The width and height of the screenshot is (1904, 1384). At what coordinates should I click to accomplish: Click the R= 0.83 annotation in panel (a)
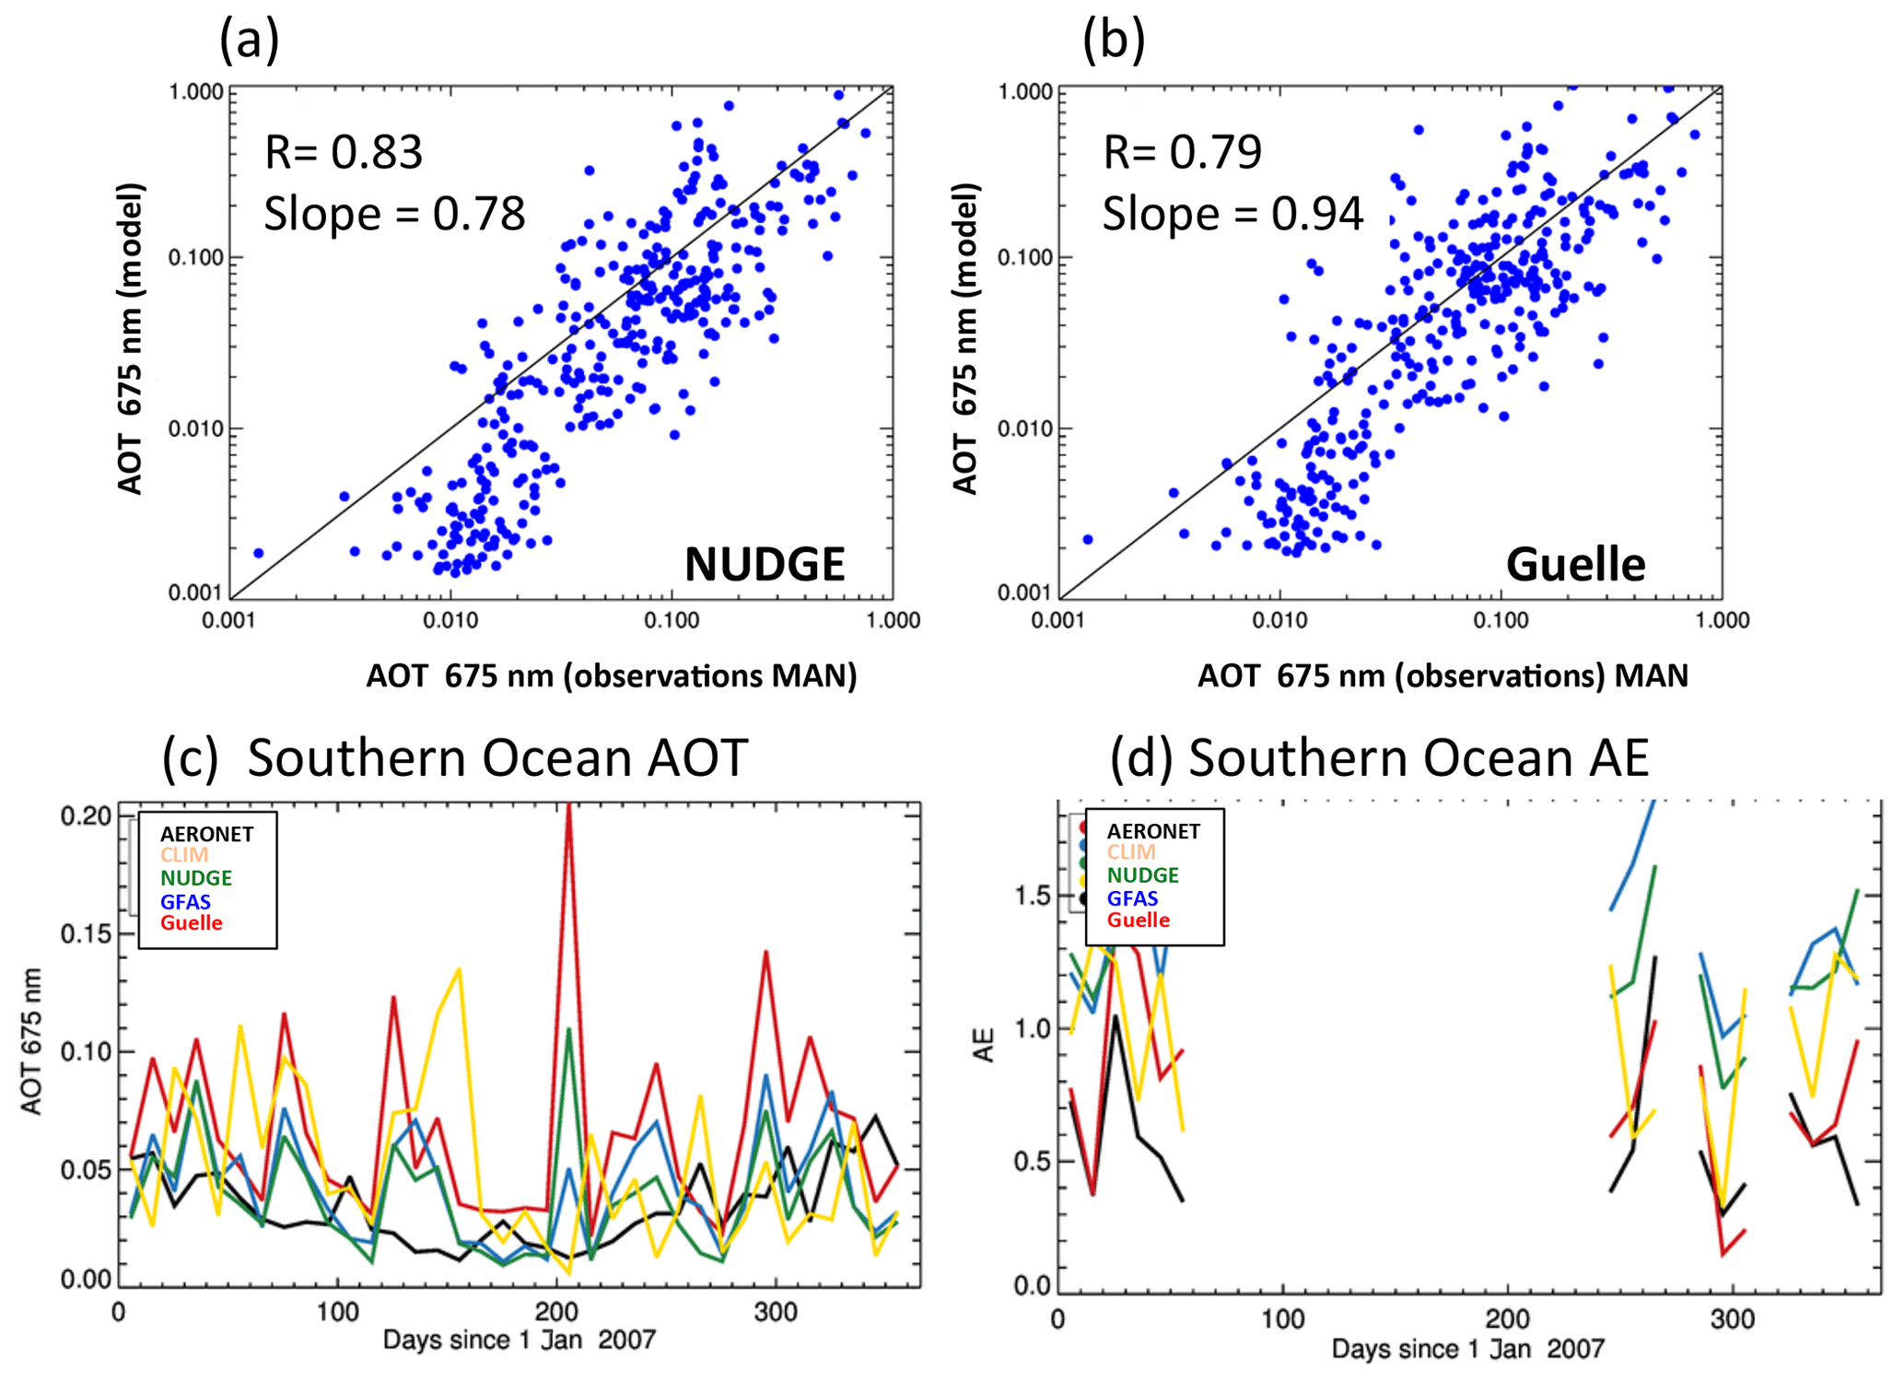click(x=343, y=152)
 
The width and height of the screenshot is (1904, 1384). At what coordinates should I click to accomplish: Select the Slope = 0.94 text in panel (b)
click(x=1232, y=214)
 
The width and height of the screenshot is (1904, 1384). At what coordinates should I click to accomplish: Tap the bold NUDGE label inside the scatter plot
click(x=764, y=564)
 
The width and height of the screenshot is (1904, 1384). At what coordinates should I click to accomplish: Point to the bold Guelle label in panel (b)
click(x=1574, y=564)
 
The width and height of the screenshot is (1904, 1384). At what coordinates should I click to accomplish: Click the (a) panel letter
click(x=249, y=41)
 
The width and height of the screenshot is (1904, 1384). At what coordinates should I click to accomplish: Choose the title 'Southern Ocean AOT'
click(x=497, y=757)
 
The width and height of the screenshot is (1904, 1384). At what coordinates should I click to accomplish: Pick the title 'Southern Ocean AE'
click(x=1418, y=757)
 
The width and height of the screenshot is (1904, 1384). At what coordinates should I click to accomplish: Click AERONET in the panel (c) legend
click(x=206, y=834)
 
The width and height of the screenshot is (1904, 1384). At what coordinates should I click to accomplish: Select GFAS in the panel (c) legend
click(x=185, y=902)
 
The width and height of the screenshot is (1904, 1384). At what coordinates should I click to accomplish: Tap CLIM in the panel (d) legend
click(x=1130, y=852)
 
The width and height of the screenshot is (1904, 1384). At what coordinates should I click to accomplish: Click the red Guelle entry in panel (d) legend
click(x=1138, y=920)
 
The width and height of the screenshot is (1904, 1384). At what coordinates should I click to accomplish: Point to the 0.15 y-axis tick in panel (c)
click(x=86, y=933)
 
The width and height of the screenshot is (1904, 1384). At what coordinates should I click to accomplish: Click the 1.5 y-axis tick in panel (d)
click(x=1034, y=896)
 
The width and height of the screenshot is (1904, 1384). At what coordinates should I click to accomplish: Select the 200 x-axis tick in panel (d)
click(x=1507, y=1319)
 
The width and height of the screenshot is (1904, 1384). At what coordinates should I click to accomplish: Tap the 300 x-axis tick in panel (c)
click(x=775, y=1311)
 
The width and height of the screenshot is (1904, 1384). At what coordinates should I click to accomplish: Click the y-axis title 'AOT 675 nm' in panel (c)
click(x=33, y=1041)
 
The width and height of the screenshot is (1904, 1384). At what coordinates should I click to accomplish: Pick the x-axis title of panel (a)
click(x=611, y=675)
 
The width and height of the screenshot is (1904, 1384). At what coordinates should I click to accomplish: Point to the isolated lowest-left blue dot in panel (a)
click(x=258, y=553)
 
